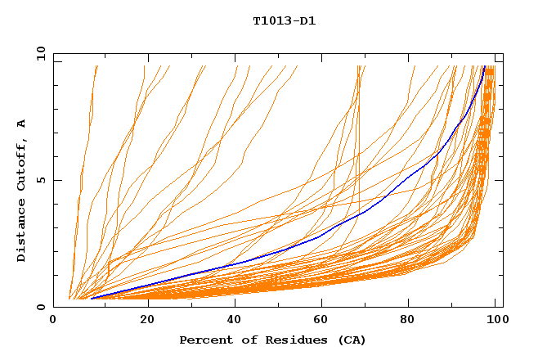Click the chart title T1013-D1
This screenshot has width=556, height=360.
(x=284, y=20)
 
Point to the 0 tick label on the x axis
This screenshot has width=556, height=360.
(x=53, y=321)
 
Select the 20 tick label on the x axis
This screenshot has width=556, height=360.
(x=147, y=321)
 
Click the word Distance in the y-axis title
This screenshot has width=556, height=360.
(x=22, y=232)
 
